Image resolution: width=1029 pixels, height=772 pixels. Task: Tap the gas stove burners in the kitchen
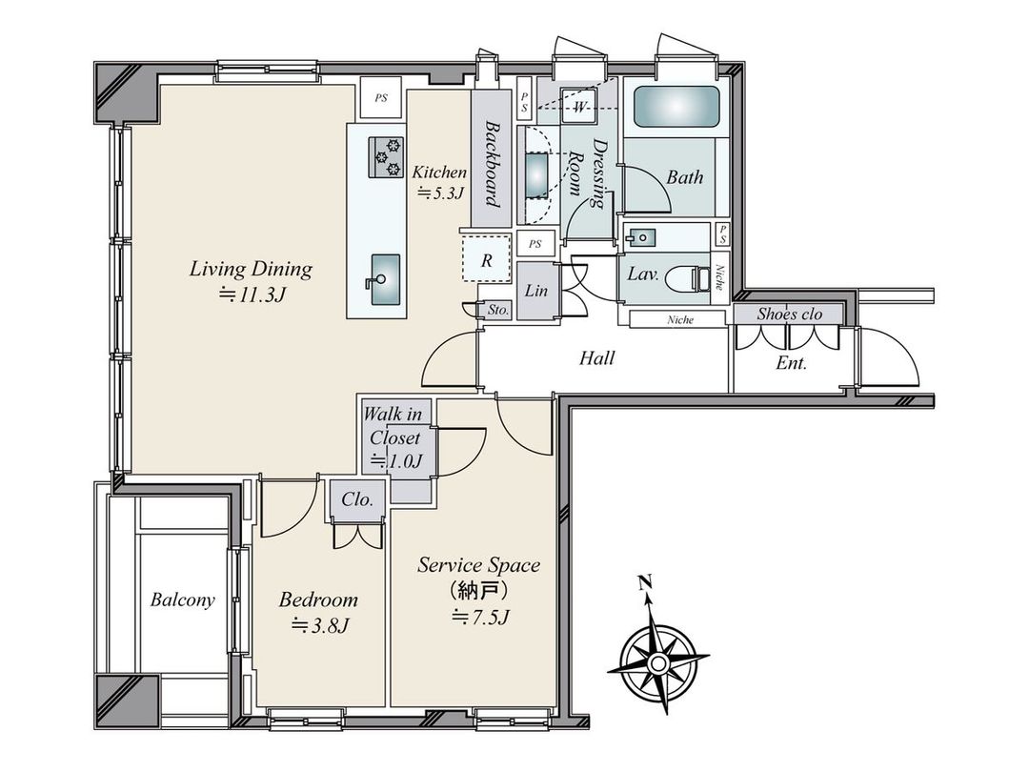pyautogui.click(x=387, y=158)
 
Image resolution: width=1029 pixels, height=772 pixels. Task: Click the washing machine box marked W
pyautogui.click(x=579, y=107)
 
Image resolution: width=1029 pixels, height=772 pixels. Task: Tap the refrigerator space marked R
pyautogui.click(x=485, y=260)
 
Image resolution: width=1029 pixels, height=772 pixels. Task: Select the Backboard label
pyautogui.click(x=493, y=163)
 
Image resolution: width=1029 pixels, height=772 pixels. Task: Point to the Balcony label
pyautogui.click(x=182, y=600)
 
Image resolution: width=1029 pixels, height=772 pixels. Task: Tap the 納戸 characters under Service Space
pyautogui.click(x=467, y=591)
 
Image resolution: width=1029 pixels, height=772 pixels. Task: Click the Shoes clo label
pyautogui.click(x=789, y=314)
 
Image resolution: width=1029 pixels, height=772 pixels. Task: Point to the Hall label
pyautogui.click(x=597, y=359)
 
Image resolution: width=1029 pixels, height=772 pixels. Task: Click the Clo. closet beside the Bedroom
pyautogui.click(x=357, y=499)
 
